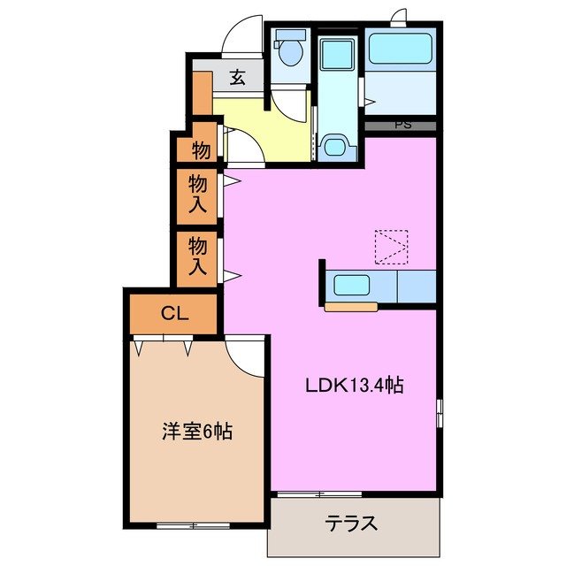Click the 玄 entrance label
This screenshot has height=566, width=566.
click(x=237, y=78)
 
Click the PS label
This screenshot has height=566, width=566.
click(x=402, y=125)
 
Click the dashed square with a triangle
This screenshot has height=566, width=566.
click(x=392, y=247)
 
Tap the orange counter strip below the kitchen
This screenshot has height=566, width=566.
click(x=351, y=308)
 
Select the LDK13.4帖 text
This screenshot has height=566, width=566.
click(x=355, y=386)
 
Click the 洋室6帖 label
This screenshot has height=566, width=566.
click(x=196, y=432)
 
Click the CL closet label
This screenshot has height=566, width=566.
click(x=172, y=314)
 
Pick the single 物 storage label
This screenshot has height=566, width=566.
click(x=201, y=150)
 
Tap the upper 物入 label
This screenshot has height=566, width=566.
click(x=199, y=194)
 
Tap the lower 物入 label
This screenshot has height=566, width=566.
click(x=199, y=255)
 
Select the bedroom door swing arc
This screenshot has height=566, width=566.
click(x=245, y=356)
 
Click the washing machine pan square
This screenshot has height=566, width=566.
click(x=336, y=55)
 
